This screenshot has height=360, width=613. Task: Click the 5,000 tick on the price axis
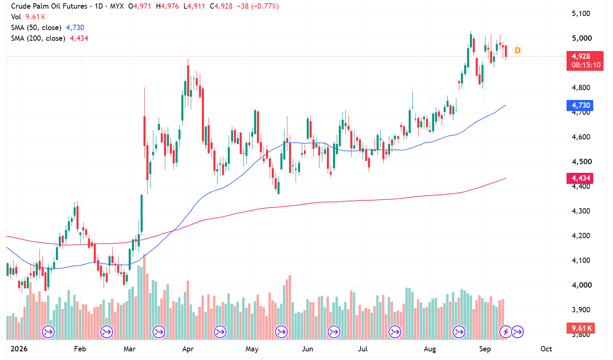[582, 38]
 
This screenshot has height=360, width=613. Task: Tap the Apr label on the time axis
[188, 349]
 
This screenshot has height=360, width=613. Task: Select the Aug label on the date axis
[430, 349]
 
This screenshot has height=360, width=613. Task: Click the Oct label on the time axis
[546, 349]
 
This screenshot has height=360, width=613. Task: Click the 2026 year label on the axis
[19, 349]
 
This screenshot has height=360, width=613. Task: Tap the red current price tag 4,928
[581, 56]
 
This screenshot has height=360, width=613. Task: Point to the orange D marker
[518, 50]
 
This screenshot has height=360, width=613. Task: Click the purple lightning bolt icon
[506, 332]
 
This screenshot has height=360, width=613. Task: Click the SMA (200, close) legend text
[38, 38]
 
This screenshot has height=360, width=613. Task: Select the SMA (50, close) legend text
[36, 28]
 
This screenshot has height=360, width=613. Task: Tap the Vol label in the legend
[16, 17]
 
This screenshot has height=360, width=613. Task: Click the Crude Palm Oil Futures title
[49, 6]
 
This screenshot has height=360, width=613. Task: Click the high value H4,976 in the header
[167, 6]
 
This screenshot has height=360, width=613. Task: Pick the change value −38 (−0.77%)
[258, 6]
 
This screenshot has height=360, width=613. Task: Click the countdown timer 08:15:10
[586, 65]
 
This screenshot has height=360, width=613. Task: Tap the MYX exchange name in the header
[117, 6]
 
